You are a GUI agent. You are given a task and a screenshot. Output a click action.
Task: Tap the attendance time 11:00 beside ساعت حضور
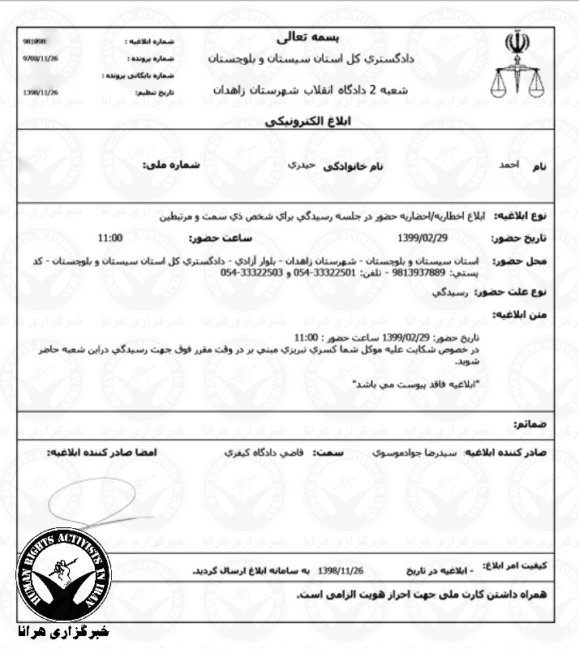point(109,238)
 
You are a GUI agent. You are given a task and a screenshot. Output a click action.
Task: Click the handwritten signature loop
point(89,503)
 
